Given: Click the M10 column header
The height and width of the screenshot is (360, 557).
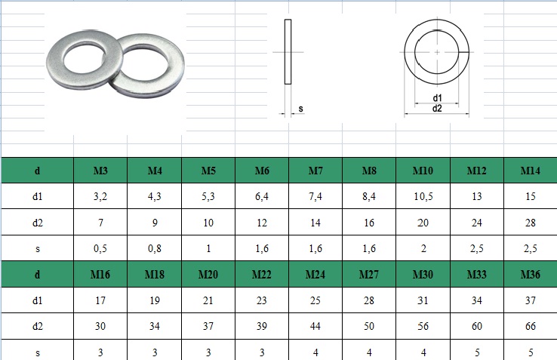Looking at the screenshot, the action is click(423, 171).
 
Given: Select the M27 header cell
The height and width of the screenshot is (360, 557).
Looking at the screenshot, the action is click(369, 275).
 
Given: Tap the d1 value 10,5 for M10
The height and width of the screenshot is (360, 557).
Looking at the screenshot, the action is click(423, 196).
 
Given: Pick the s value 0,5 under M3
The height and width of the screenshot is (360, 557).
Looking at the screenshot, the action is click(100, 248).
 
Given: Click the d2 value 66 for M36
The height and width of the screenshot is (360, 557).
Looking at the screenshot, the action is click(531, 326).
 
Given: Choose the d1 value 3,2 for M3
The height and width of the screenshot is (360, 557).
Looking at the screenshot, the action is click(100, 196).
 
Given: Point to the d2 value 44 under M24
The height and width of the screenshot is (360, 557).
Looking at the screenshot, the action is click(315, 326).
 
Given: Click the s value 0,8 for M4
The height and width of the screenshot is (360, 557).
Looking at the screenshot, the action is click(155, 248).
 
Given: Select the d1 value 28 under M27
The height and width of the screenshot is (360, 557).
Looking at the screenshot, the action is click(369, 300).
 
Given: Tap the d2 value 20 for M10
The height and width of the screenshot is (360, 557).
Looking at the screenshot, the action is click(423, 223).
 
